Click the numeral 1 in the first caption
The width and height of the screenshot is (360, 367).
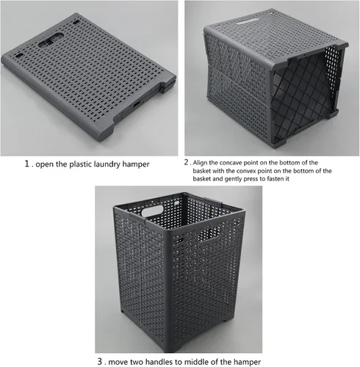[x=26, y=164]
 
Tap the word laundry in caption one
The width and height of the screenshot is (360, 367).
[x=107, y=164]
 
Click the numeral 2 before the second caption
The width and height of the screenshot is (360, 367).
[x=187, y=162]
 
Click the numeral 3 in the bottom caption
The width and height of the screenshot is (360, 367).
[x=100, y=361]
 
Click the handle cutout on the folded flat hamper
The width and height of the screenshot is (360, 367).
[x=51, y=40]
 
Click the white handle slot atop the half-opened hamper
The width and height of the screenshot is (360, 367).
[x=248, y=21]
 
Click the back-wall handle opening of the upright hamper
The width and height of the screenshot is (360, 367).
[x=152, y=211]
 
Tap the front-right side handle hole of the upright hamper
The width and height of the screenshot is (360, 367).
[x=209, y=233]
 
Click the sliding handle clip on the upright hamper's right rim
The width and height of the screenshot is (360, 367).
[x=213, y=202]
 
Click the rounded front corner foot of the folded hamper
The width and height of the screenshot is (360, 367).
[x=105, y=134]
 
